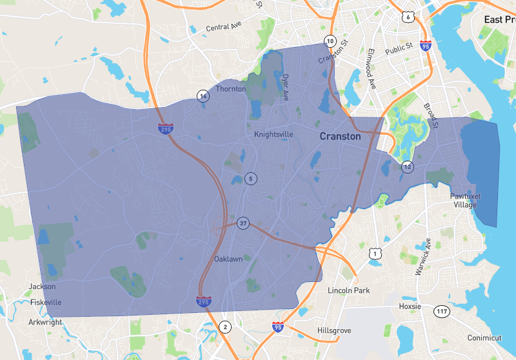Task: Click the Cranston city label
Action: coord(341,137)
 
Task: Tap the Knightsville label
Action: coord(273,134)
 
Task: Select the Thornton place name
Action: coord(232,89)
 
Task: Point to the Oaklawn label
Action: coord(229,259)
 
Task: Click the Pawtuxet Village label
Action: coord(465,200)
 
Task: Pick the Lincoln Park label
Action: coord(348,290)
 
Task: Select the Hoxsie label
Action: coord(410,306)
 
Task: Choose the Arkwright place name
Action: coord(45,322)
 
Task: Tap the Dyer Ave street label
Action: coord(285,87)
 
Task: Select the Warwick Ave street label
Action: coord(422,257)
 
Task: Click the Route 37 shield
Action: coord(243,223)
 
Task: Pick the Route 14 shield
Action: coord(203,96)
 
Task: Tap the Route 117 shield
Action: coord(441,312)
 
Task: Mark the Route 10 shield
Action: coord(330,41)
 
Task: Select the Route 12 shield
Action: coord(407,166)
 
